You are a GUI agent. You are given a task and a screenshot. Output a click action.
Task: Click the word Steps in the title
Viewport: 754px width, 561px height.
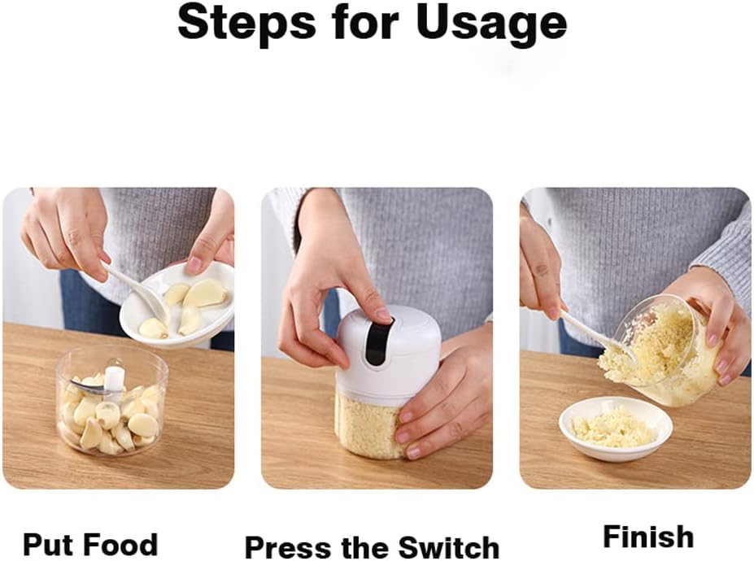tap(246, 23)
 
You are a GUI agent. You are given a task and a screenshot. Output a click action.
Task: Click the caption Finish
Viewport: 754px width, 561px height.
tap(648, 537)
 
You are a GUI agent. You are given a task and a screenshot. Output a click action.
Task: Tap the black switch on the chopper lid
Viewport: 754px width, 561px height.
tap(377, 343)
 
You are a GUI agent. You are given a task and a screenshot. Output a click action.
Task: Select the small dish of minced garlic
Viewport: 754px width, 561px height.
tap(616, 428)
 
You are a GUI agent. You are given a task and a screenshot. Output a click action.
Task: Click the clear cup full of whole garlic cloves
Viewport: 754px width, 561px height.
tap(111, 402)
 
